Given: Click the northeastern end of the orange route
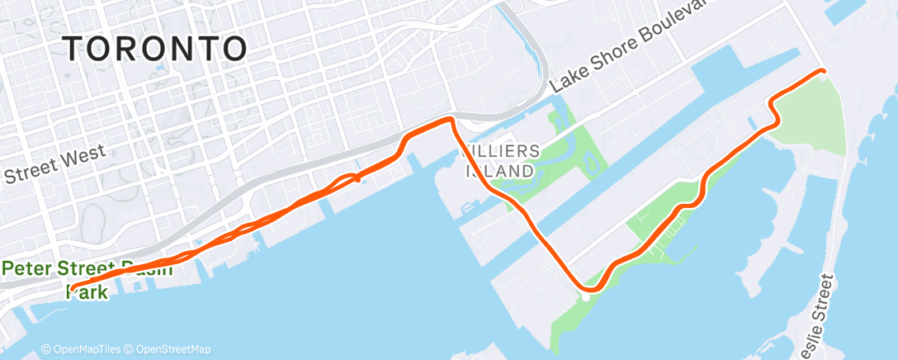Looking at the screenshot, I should coord(823,71).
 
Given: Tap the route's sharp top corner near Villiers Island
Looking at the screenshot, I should coord(451,121).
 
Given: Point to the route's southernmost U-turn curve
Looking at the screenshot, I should coord(588,288).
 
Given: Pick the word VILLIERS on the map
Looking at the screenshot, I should coord(503,151).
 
